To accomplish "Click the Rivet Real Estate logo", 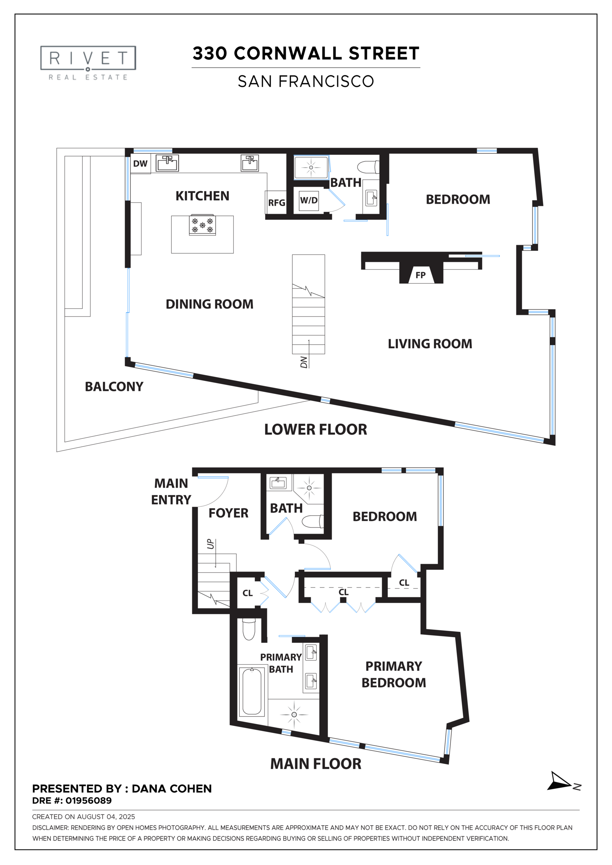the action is pos(88,63).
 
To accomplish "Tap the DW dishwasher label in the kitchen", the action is pos(140,164).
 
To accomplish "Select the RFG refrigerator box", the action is pos(276,203).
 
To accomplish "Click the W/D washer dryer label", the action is pos(309,200).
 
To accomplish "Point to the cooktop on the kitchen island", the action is pos(202,225).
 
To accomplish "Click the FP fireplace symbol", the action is pos(420,275).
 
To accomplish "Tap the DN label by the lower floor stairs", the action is pos(304,362).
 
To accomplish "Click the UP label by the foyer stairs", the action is pos(210,544).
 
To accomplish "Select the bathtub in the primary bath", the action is pos(252,691).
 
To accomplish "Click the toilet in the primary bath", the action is pos(249,629).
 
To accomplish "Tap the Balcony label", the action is pos(114,386).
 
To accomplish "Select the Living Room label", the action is pos(430,344).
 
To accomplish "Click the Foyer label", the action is pos(228,513).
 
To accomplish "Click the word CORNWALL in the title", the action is pos(288,54).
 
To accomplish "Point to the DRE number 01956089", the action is pos(88,800).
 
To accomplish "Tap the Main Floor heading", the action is pos(316,764).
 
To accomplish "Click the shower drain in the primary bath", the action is pos(294,714).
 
